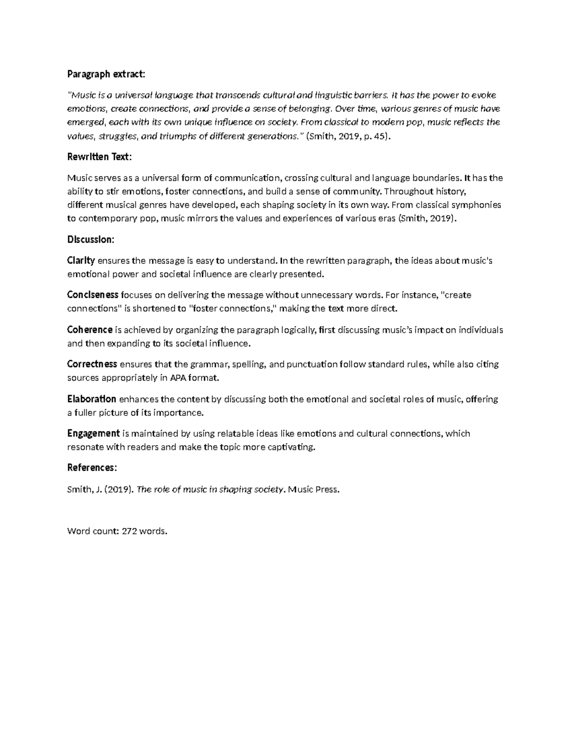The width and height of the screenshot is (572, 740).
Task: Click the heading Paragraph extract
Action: coord(105,74)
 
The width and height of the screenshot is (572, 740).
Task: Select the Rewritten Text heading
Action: coord(99,157)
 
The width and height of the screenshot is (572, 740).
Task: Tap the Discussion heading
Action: coord(91,239)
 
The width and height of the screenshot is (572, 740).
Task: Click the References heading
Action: coord(92,467)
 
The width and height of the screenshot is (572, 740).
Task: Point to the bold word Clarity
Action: coord(81,260)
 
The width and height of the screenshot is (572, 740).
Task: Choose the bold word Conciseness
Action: coord(92,294)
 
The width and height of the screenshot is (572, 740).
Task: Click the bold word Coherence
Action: coord(90,329)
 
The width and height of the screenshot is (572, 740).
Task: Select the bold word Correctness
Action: coord(92,364)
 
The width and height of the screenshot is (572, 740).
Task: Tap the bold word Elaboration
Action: coord(92,399)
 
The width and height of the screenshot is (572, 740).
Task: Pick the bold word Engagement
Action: coord(93,433)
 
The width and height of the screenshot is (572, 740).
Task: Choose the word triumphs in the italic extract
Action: coord(178,136)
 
